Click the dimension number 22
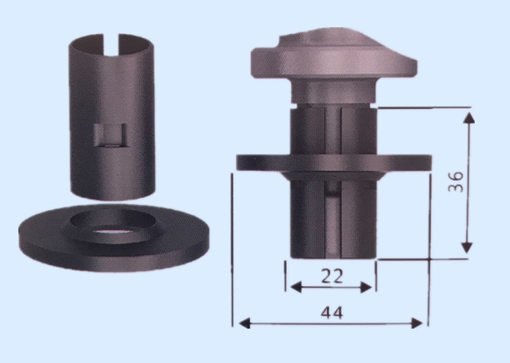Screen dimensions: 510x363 coord(332,276)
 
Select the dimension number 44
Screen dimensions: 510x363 coord(332,313)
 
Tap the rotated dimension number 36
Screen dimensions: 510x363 coord(456,181)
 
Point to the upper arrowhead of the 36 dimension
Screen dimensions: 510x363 coord(469,118)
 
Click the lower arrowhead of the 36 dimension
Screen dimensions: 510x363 coord(467,248)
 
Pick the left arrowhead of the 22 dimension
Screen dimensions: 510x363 coord(295,287)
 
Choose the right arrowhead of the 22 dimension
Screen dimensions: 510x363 coord(367,287)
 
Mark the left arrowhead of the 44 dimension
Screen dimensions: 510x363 coord(245,323)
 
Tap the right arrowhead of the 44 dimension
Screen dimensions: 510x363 coord(417,323)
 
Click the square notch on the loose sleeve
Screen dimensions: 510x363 coord(109,136)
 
